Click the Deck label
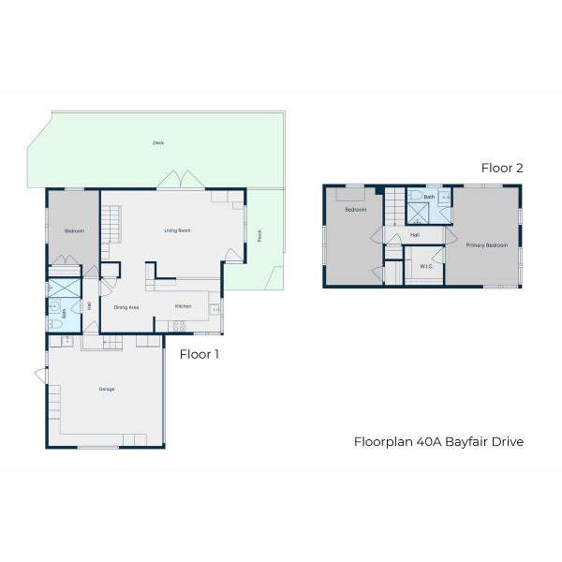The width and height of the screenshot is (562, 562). pos(158,143)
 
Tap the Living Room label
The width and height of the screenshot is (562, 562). pos(177,230)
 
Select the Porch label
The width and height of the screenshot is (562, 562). pos(259,235)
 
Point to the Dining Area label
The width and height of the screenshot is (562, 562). pos(126,307)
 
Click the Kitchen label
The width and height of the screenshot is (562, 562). pos(184,307)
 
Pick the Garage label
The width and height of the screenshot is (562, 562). pos(107,389)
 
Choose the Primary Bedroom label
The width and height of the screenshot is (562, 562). pos(487,245)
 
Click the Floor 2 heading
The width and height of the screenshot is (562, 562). pos(502,169)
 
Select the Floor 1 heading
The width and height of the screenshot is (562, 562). pos(199,354)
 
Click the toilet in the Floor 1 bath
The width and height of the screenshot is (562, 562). pos(54,322)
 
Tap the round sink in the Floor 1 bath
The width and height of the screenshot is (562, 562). pos(54,305)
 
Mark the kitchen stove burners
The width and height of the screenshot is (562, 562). pos(177,327)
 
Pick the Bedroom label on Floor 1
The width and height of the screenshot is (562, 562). pos(74,230)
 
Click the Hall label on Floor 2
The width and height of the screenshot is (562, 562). pos(414,235)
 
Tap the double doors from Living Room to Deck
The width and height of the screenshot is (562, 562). pos(180,180)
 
